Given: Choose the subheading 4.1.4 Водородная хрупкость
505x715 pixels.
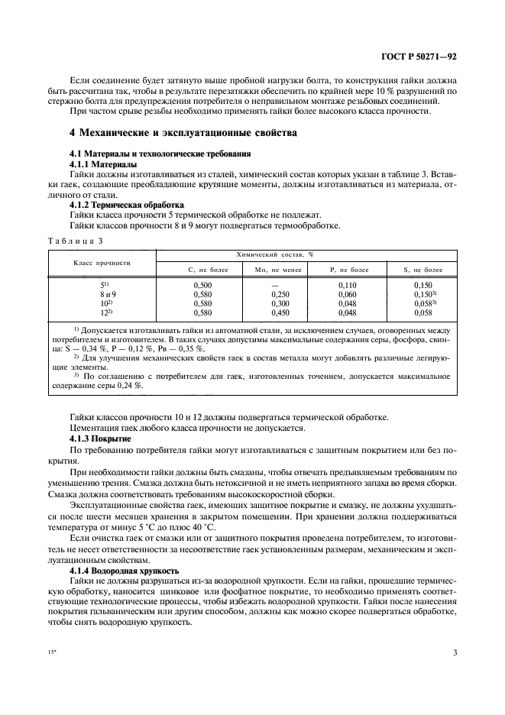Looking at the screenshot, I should click(124, 570).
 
